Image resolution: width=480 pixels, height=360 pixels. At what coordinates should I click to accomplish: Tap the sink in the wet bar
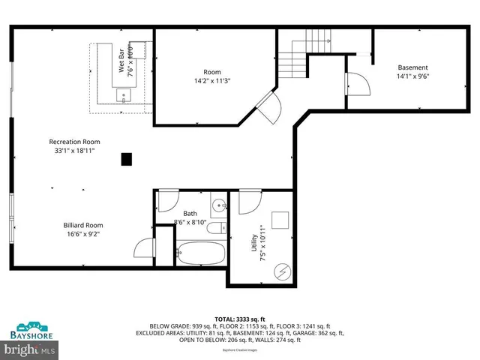pyautogui.click(x=124, y=94)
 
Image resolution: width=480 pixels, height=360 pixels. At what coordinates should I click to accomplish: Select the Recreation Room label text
pyautogui.click(x=74, y=142)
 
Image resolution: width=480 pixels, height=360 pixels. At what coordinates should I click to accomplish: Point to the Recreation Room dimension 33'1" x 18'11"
pyautogui.click(x=74, y=150)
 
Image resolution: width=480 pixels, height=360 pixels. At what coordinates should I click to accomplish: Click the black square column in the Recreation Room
pyautogui.click(x=127, y=159)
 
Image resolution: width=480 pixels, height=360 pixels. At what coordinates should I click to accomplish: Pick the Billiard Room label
pyautogui.click(x=83, y=225)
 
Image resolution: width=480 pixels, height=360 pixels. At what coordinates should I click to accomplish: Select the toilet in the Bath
pyautogui.click(x=214, y=229)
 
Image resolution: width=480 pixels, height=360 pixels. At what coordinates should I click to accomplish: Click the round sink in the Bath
pyautogui.click(x=218, y=205)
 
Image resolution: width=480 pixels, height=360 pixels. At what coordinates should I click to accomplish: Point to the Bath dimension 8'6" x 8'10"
pyautogui.click(x=190, y=222)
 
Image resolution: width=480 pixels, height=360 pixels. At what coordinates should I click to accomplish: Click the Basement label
pyautogui.click(x=412, y=67)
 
